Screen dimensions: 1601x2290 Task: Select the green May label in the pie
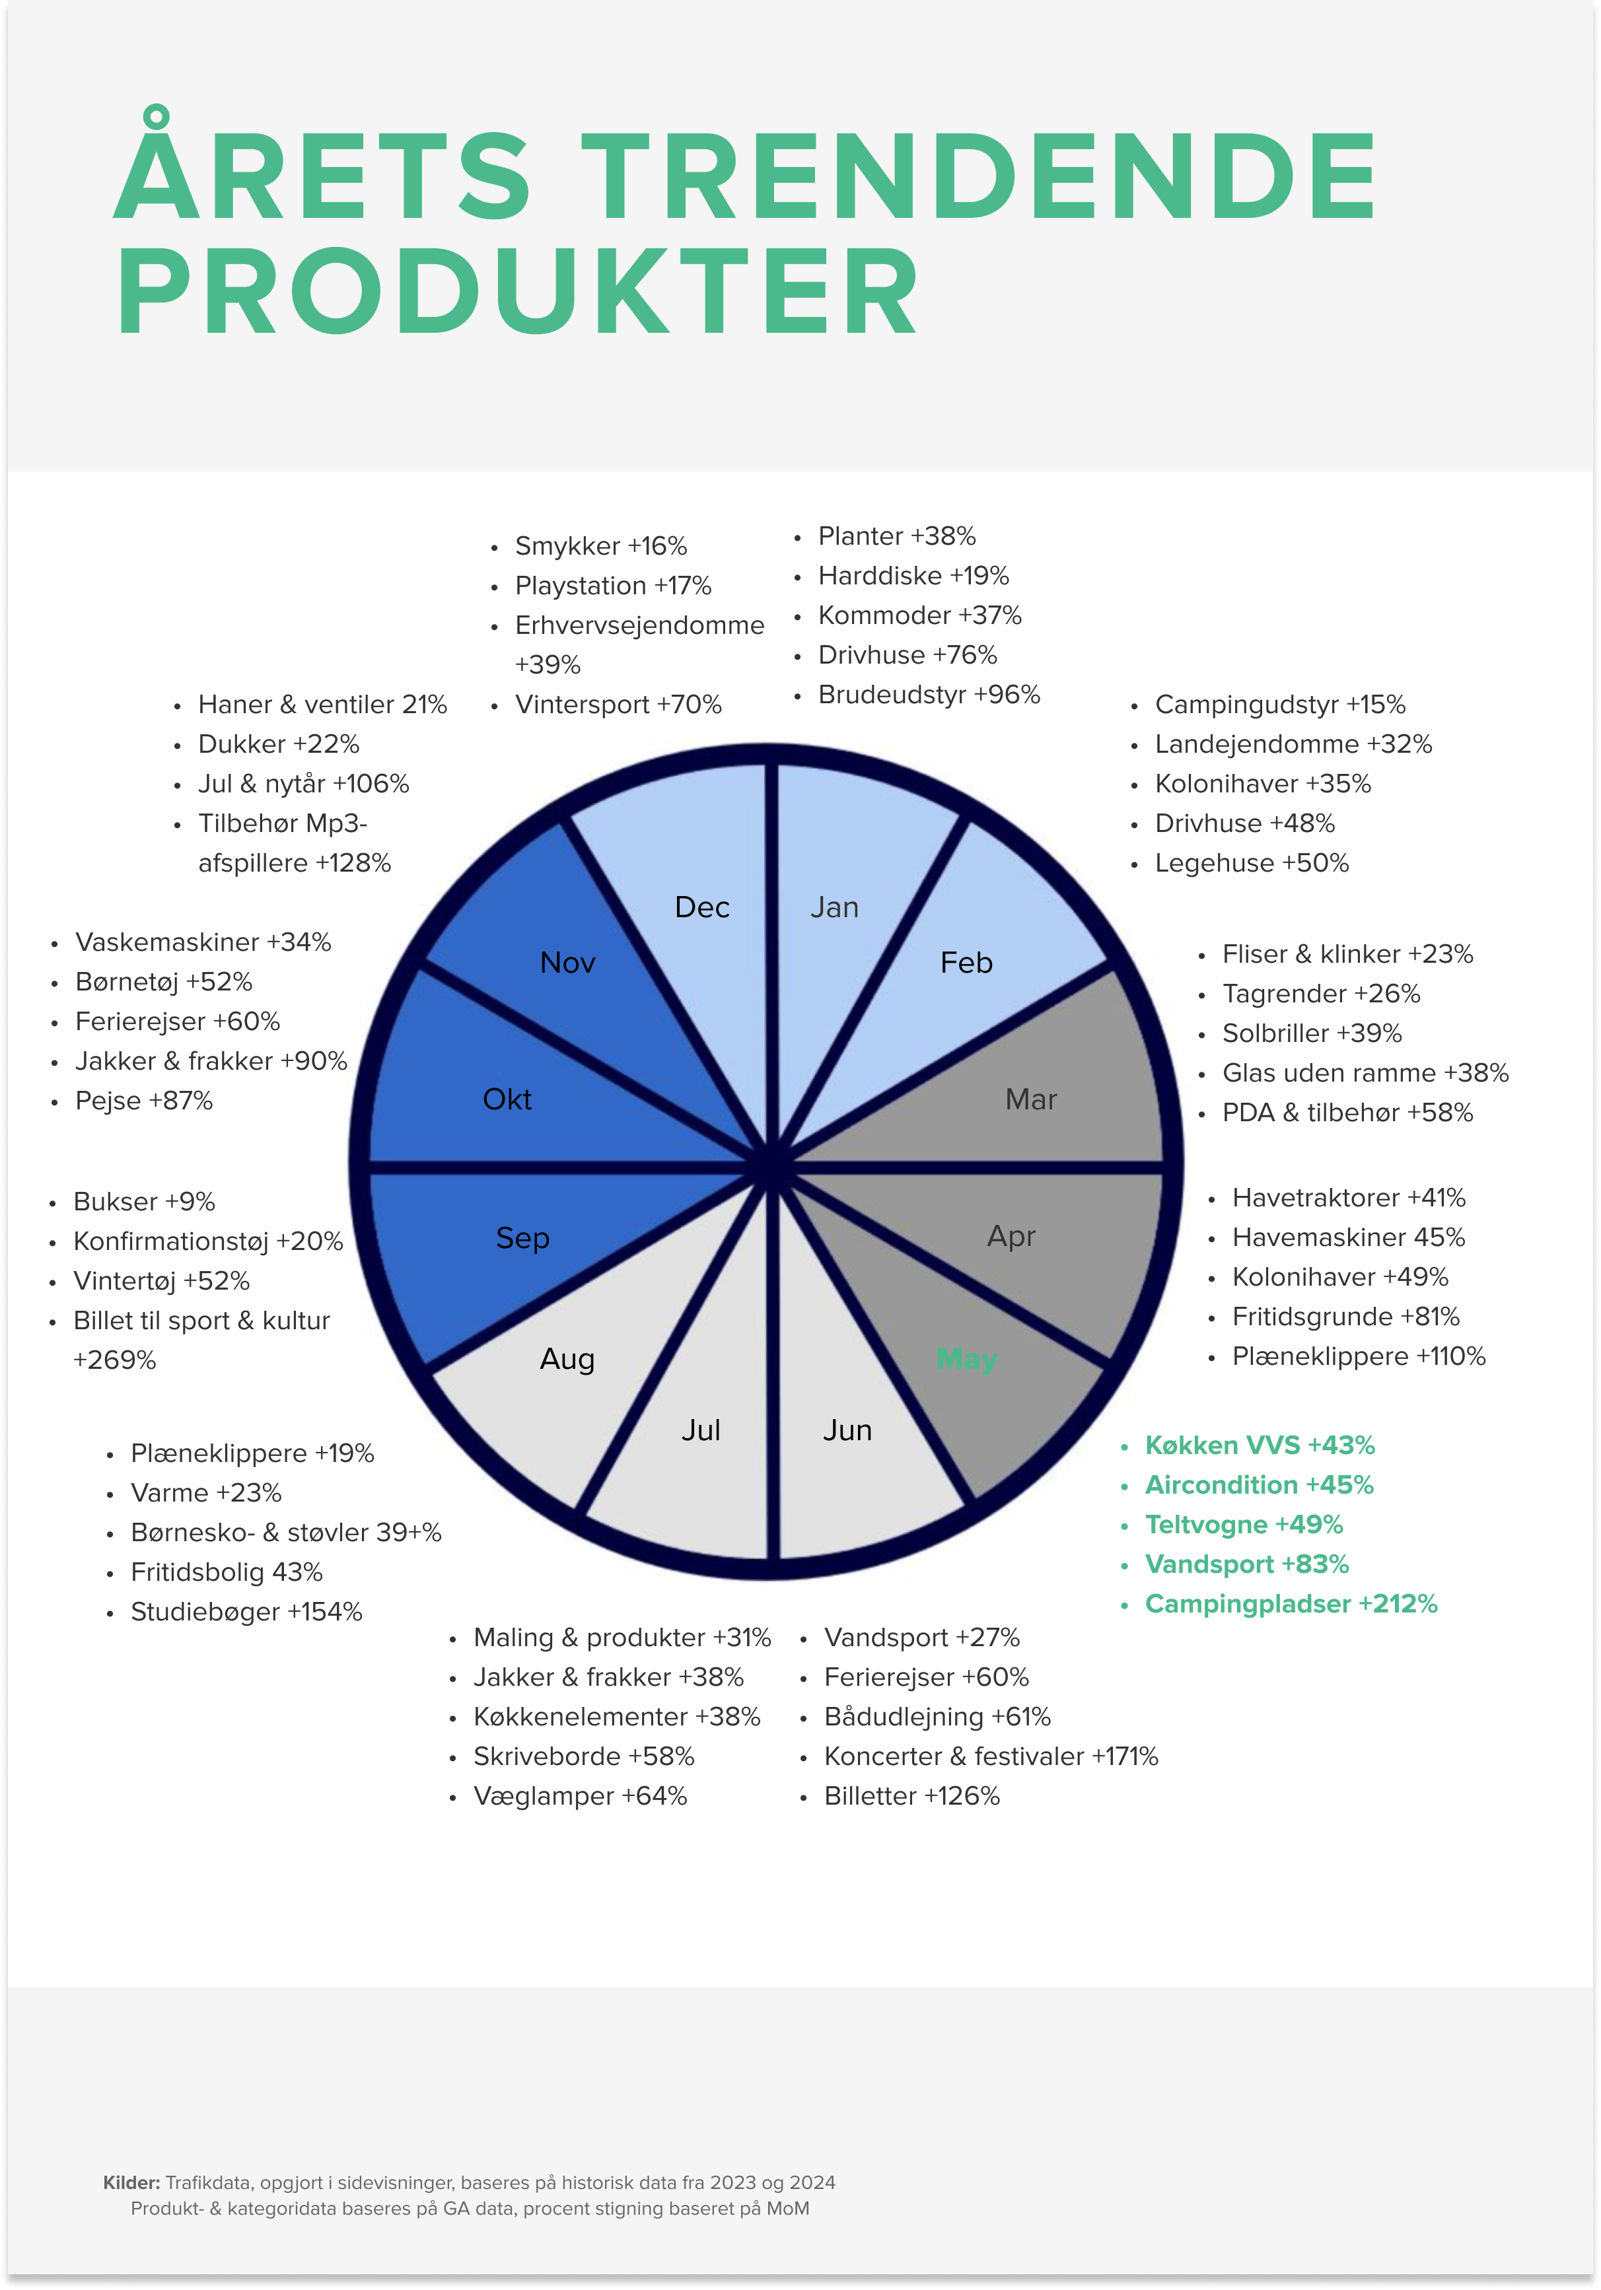coord(966,1360)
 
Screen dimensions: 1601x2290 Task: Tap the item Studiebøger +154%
coord(246,1612)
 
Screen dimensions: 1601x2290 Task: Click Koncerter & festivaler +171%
coord(991,1756)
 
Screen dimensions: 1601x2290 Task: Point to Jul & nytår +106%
coord(303,784)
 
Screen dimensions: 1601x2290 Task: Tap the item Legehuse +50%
coord(1252,863)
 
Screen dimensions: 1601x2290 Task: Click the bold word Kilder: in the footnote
coord(131,2182)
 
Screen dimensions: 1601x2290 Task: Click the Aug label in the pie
coord(567,1360)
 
